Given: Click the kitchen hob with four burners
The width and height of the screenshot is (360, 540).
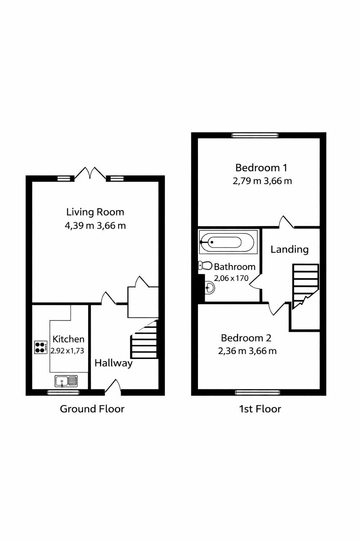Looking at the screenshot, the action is [41, 347].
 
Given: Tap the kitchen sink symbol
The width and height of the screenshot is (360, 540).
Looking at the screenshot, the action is [66, 381].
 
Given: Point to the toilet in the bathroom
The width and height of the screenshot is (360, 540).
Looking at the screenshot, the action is [205, 265].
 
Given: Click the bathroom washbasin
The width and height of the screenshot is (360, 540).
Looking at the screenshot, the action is [210, 287].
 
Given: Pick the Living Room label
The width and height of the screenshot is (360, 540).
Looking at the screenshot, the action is [95, 212].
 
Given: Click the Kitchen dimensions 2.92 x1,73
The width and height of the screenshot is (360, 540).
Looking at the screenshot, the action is [67, 351].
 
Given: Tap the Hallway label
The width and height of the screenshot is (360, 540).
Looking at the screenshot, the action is [114, 363].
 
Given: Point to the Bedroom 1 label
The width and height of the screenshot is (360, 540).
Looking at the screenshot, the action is [261, 168].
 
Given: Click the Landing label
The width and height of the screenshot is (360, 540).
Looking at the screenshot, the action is [290, 249].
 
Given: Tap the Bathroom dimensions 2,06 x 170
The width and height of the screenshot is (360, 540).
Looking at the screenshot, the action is [231, 278].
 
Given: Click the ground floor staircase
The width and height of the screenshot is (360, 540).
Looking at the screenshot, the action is [144, 339].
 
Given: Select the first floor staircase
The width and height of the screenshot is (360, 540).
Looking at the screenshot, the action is [306, 286].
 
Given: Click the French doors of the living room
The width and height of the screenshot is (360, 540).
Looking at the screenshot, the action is [90, 173].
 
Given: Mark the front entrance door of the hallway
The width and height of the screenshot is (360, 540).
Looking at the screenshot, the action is [113, 387].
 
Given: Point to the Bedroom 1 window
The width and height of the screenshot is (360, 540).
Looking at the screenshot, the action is [255, 135].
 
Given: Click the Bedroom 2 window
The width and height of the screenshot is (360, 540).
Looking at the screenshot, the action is [257, 393].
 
